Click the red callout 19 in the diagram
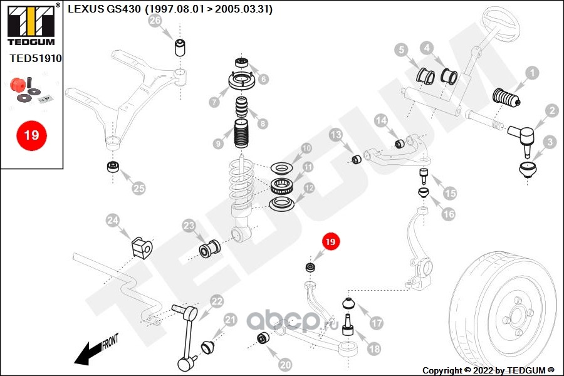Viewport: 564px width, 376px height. tap(330, 241)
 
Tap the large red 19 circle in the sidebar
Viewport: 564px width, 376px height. tap(31, 135)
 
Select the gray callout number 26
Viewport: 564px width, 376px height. tap(155, 21)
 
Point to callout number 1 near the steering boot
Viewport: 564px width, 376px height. tap(531, 73)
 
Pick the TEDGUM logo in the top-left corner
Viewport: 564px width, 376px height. tap(31, 24)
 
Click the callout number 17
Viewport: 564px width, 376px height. tap(376, 323)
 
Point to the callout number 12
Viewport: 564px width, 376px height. tap(309, 188)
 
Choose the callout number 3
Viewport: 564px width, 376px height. tap(549, 142)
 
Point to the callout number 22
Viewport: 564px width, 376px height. tap(217, 301)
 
